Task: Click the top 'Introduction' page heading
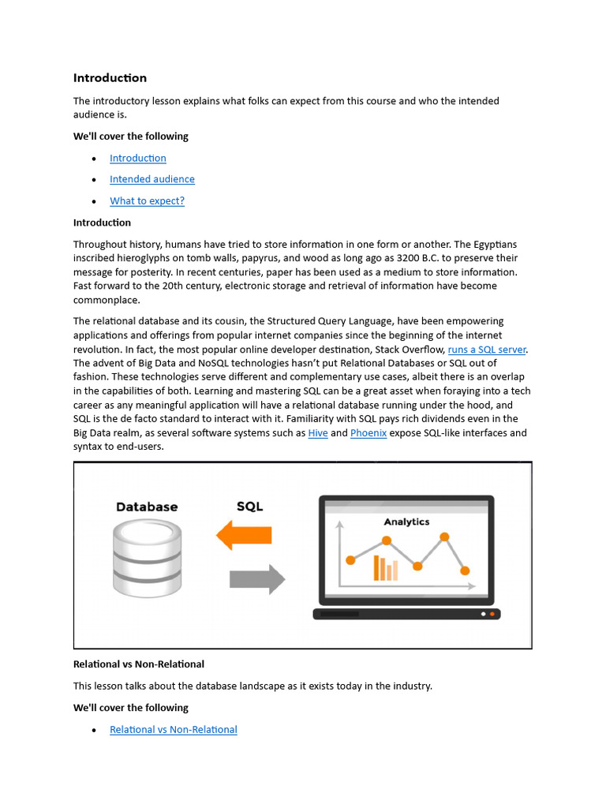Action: pos(110,78)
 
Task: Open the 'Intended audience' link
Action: pos(151,179)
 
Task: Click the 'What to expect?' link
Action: pos(147,200)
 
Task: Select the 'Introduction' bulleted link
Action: pos(137,158)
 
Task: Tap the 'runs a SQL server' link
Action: pos(486,349)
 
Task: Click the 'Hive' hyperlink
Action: pos(318,433)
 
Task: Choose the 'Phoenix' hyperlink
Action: pos(368,433)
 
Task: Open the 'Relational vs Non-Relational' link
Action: pos(173,730)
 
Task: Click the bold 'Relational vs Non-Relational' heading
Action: pos(139,664)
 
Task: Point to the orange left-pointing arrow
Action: pos(244,534)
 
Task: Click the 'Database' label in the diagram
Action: pos(147,507)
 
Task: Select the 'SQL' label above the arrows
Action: pos(249,507)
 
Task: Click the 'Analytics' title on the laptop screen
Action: pos(406,522)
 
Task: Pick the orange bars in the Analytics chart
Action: pos(385,568)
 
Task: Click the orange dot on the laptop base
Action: pos(492,614)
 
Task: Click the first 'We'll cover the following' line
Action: pos(131,137)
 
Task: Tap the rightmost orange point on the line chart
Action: pos(465,570)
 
